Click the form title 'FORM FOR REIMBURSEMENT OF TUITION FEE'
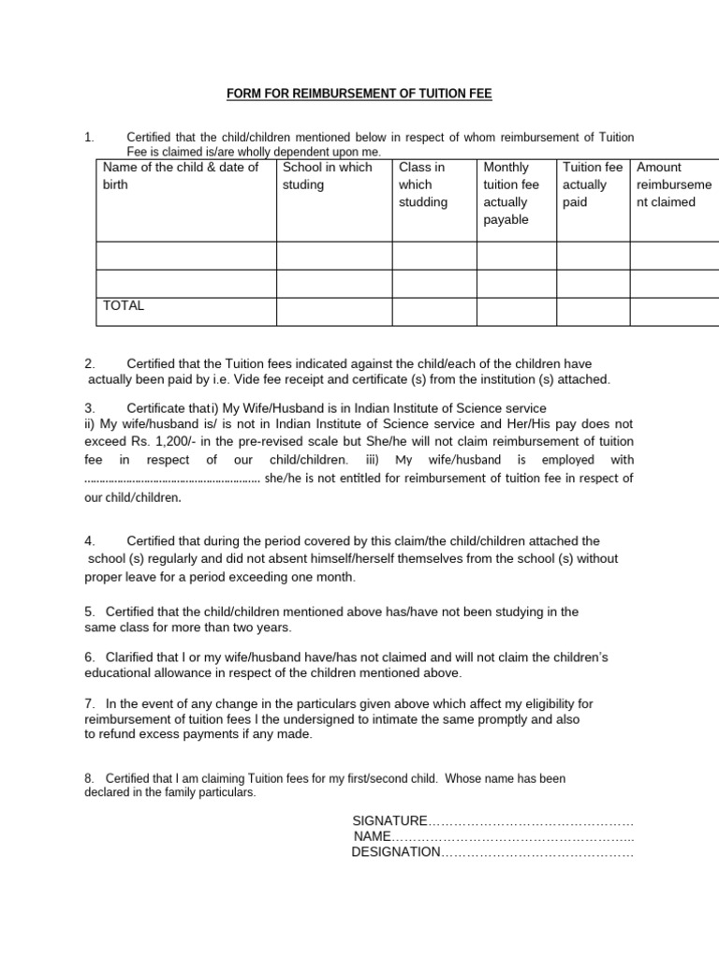coord(359,94)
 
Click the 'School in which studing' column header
coord(327,176)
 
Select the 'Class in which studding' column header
coord(423,184)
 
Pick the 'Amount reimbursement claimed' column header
coord(671,184)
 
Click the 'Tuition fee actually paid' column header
coord(592,184)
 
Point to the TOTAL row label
coord(124,306)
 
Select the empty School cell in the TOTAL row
coord(333,311)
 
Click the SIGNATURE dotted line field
coord(531,820)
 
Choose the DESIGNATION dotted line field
coord(537,852)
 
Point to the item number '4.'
coord(90,541)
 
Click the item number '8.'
coord(90,778)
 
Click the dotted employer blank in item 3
coord(172,479)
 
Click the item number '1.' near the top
coord(90,138)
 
